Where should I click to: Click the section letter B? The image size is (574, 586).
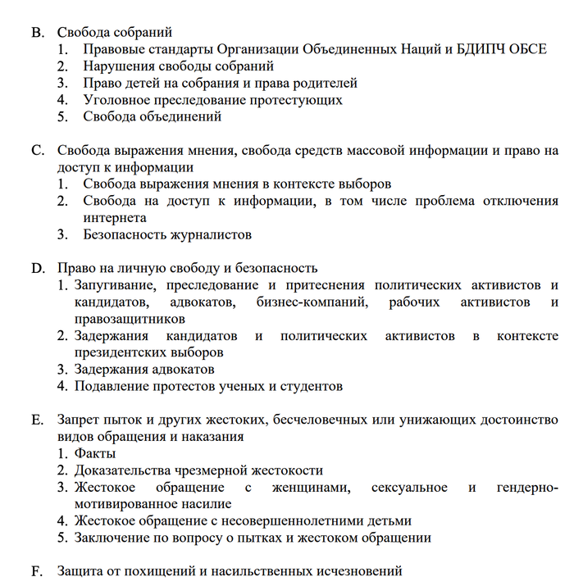point(36,33)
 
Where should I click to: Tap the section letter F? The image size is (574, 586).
point(35,570)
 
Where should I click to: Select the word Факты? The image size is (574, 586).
point(95,453)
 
